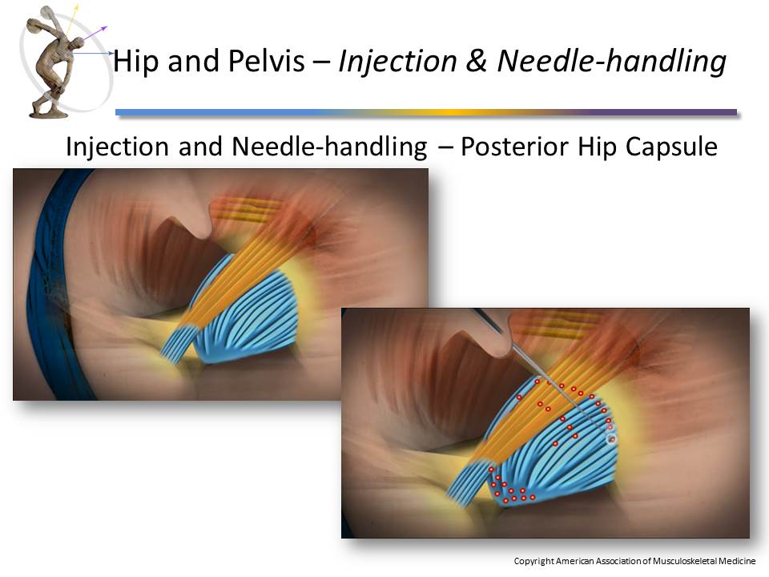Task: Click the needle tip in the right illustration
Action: pos(612,438)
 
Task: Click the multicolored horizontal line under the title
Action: pos(425,112)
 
